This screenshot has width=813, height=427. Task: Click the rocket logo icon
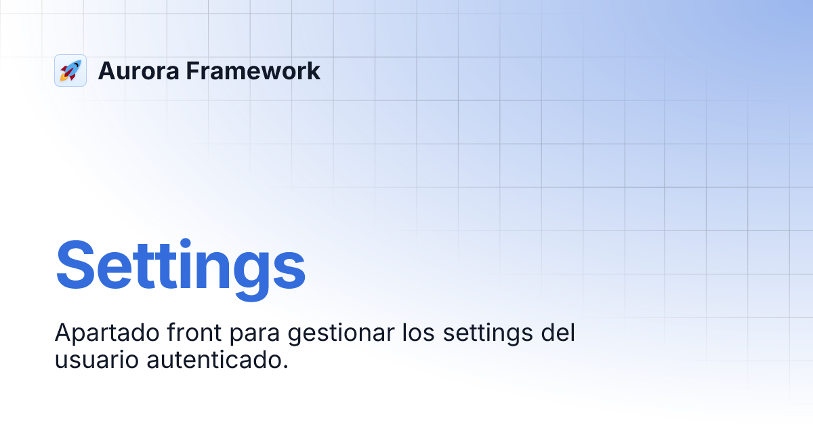click(x=70, y=70)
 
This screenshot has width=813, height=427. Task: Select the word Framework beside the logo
click(x=253, y=70)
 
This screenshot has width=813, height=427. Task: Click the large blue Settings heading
click(x=180, y=265)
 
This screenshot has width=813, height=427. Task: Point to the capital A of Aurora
click(x=108, y=70)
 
